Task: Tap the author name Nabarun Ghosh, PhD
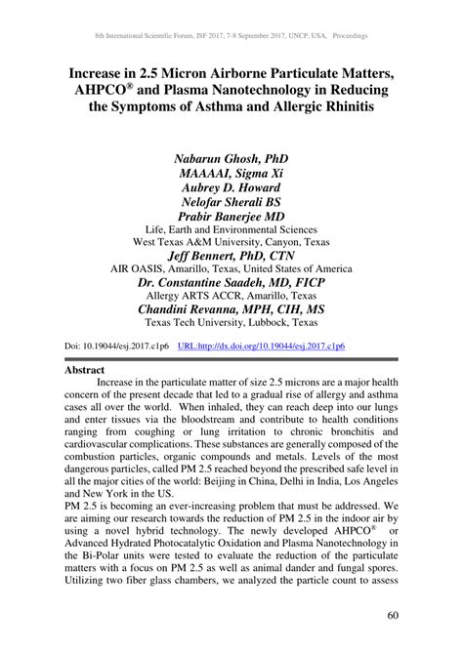[x=231, y=157]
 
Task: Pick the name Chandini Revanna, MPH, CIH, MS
[x=231, y=307]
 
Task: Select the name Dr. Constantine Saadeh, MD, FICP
[x=231, y=279]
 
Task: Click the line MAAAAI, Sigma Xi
[x=231, y=172]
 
